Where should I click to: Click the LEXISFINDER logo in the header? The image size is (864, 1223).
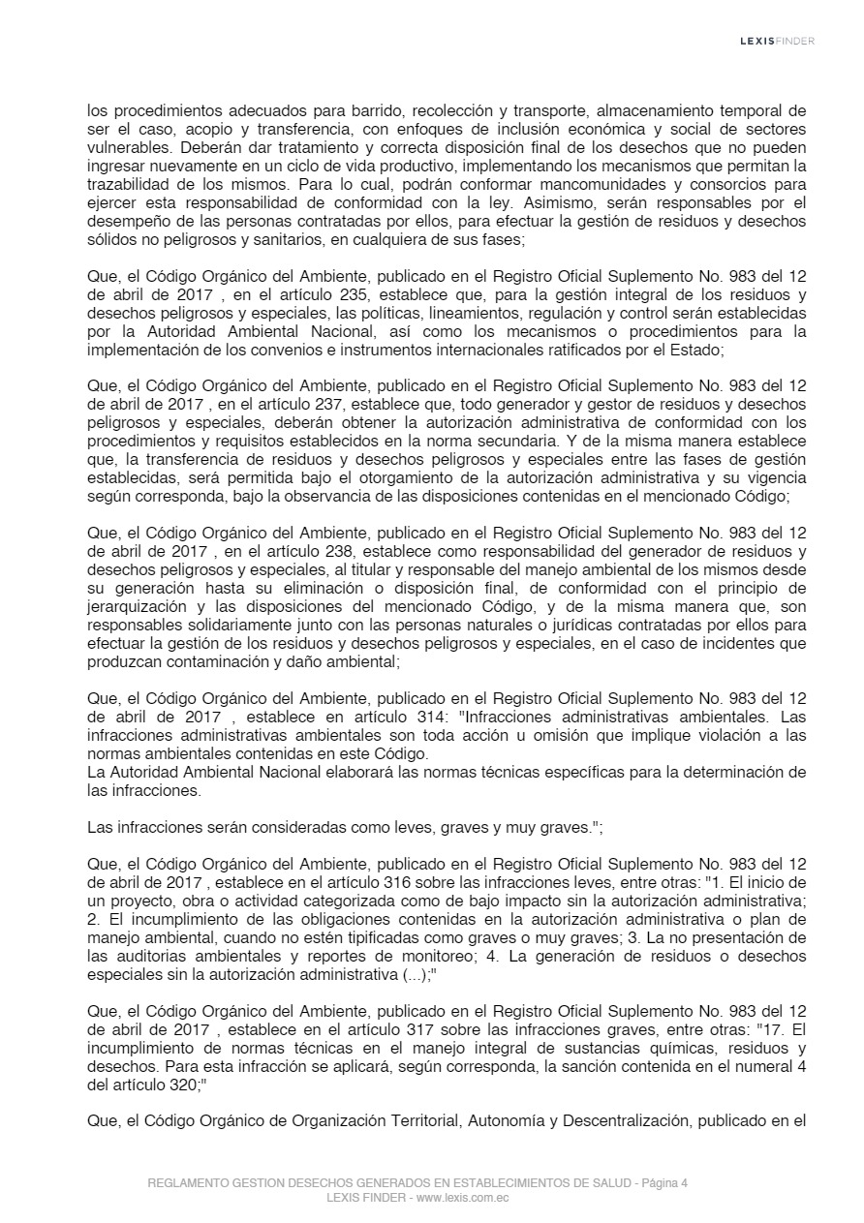pos(777,41)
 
